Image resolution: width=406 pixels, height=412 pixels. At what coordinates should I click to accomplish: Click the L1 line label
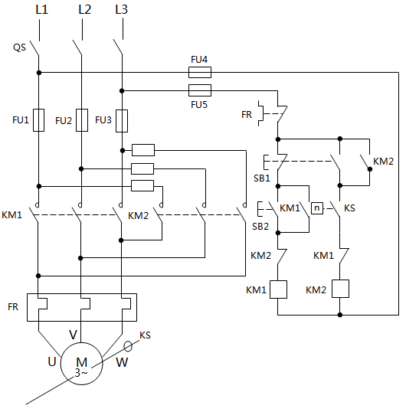pos(41,10)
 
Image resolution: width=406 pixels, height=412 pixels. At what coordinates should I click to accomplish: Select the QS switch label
pos(20,47)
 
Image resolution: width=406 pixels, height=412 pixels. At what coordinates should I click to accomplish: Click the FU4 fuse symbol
pos(199,73)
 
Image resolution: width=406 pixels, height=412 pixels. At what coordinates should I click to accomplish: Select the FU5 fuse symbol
pos(199,90)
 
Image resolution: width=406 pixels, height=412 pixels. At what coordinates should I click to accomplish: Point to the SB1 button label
pos(261,178)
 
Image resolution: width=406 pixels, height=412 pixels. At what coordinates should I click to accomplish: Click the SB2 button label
pos(260,226)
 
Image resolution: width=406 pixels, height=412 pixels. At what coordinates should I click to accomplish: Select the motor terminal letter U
pos(53,361)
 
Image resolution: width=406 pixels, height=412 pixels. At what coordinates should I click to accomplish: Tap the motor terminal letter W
pos(122,362)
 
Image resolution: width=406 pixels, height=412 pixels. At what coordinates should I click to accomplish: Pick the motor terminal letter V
pos(74,334)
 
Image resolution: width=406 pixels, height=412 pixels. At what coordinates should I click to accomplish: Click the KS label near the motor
pos(145,335)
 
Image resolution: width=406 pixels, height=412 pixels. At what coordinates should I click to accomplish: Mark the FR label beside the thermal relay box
pos(13,306)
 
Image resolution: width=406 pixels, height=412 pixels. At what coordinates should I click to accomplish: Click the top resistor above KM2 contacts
pos(143,150)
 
